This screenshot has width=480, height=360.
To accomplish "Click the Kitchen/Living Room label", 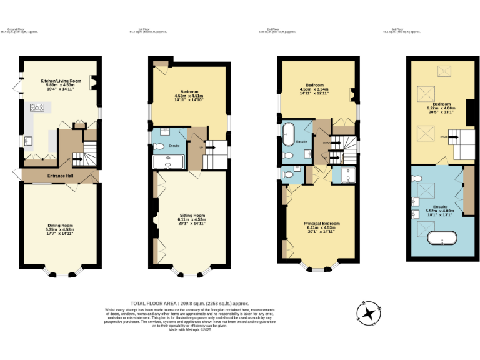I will tap(61, 81).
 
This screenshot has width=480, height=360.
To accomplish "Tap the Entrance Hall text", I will tap(60, 176).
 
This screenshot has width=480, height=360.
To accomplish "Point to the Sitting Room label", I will tap(191, 215).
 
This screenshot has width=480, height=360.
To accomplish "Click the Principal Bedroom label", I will tap(322, 223).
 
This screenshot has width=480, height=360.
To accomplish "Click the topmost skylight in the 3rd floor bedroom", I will tap(444, 70).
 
